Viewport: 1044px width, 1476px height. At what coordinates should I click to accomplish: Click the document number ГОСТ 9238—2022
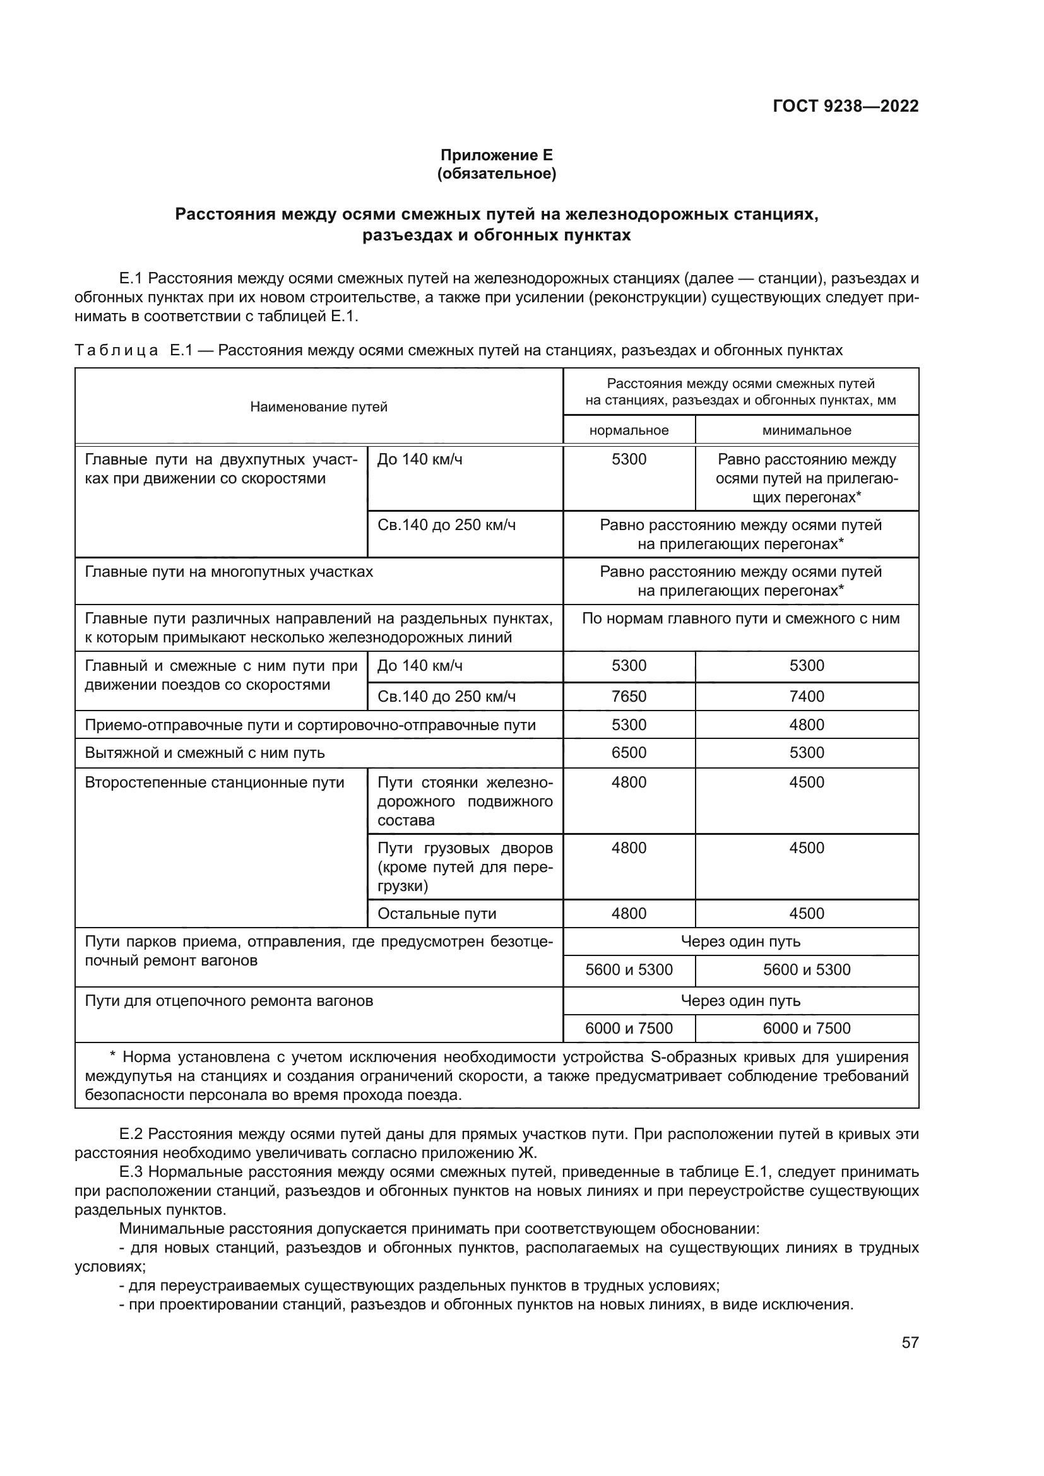(845, 106)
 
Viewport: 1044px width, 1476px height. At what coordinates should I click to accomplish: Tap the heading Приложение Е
(495, 155)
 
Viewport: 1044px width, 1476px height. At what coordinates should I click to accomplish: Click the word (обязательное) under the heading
(495, 174)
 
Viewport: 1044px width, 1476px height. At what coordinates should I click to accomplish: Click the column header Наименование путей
(318, 407)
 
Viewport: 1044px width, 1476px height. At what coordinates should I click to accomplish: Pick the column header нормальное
(628, 431)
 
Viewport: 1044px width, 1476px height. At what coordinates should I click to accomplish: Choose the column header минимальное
(806, 431)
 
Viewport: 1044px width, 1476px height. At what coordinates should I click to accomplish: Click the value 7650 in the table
(628, 696)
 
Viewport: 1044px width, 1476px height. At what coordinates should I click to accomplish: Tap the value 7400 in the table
(806, 696)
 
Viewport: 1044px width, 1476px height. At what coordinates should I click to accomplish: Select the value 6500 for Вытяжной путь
(628, 753)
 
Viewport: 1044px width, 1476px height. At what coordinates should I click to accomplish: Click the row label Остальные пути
(437, 914)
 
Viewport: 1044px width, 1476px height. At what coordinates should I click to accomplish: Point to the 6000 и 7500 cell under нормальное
(628, 1029)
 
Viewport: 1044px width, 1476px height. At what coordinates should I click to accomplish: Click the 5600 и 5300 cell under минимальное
(806, 969)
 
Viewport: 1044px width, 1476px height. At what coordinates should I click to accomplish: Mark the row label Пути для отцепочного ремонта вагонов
(229, 1001)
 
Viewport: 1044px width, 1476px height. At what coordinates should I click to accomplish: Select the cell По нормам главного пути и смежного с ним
(740, 618)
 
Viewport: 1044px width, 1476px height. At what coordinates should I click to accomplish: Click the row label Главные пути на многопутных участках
(229, 572)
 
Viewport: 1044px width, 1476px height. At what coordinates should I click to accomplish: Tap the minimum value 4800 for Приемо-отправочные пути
(806, 724)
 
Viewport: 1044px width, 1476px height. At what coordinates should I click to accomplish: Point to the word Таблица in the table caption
(116, 350)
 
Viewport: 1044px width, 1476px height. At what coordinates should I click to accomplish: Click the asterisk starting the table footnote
(112, 1058)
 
